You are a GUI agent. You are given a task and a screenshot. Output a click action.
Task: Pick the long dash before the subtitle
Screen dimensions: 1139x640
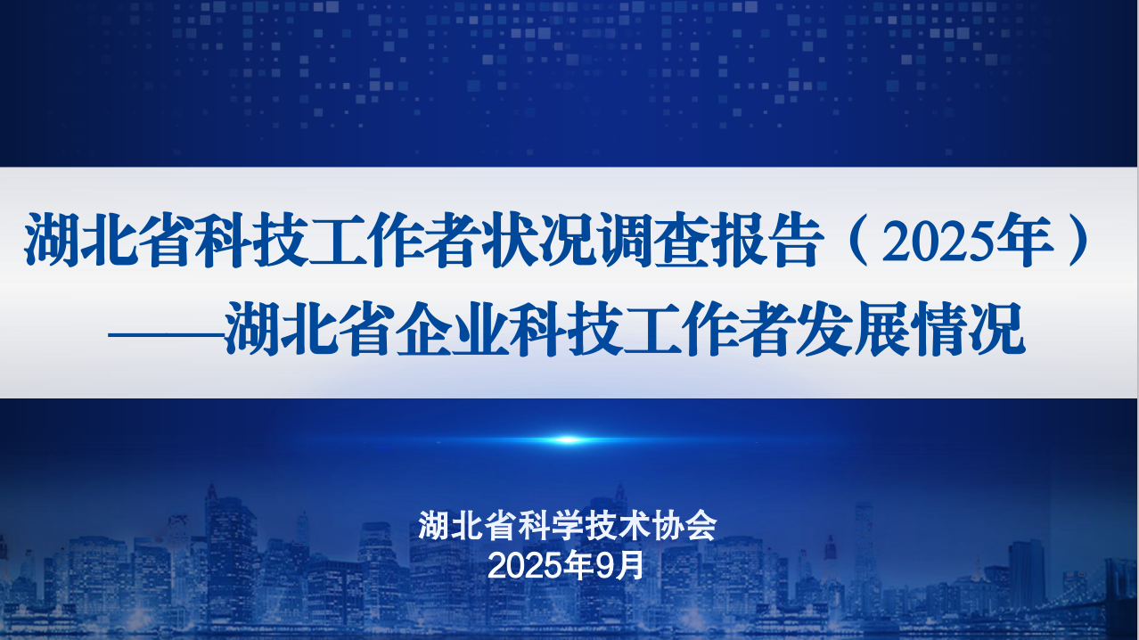click(166, 335)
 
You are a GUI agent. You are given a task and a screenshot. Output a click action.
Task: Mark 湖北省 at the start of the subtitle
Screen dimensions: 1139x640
click(309, 329)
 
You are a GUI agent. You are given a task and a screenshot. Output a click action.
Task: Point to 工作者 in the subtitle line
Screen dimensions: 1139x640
click(709, 329)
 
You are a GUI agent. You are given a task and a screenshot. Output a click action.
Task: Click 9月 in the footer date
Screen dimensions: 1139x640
click(619, 565)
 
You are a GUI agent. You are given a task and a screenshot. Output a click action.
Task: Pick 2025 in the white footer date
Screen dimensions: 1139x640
click(526, 566)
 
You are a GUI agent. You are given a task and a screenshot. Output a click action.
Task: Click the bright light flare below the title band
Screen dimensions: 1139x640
click(568, 439)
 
